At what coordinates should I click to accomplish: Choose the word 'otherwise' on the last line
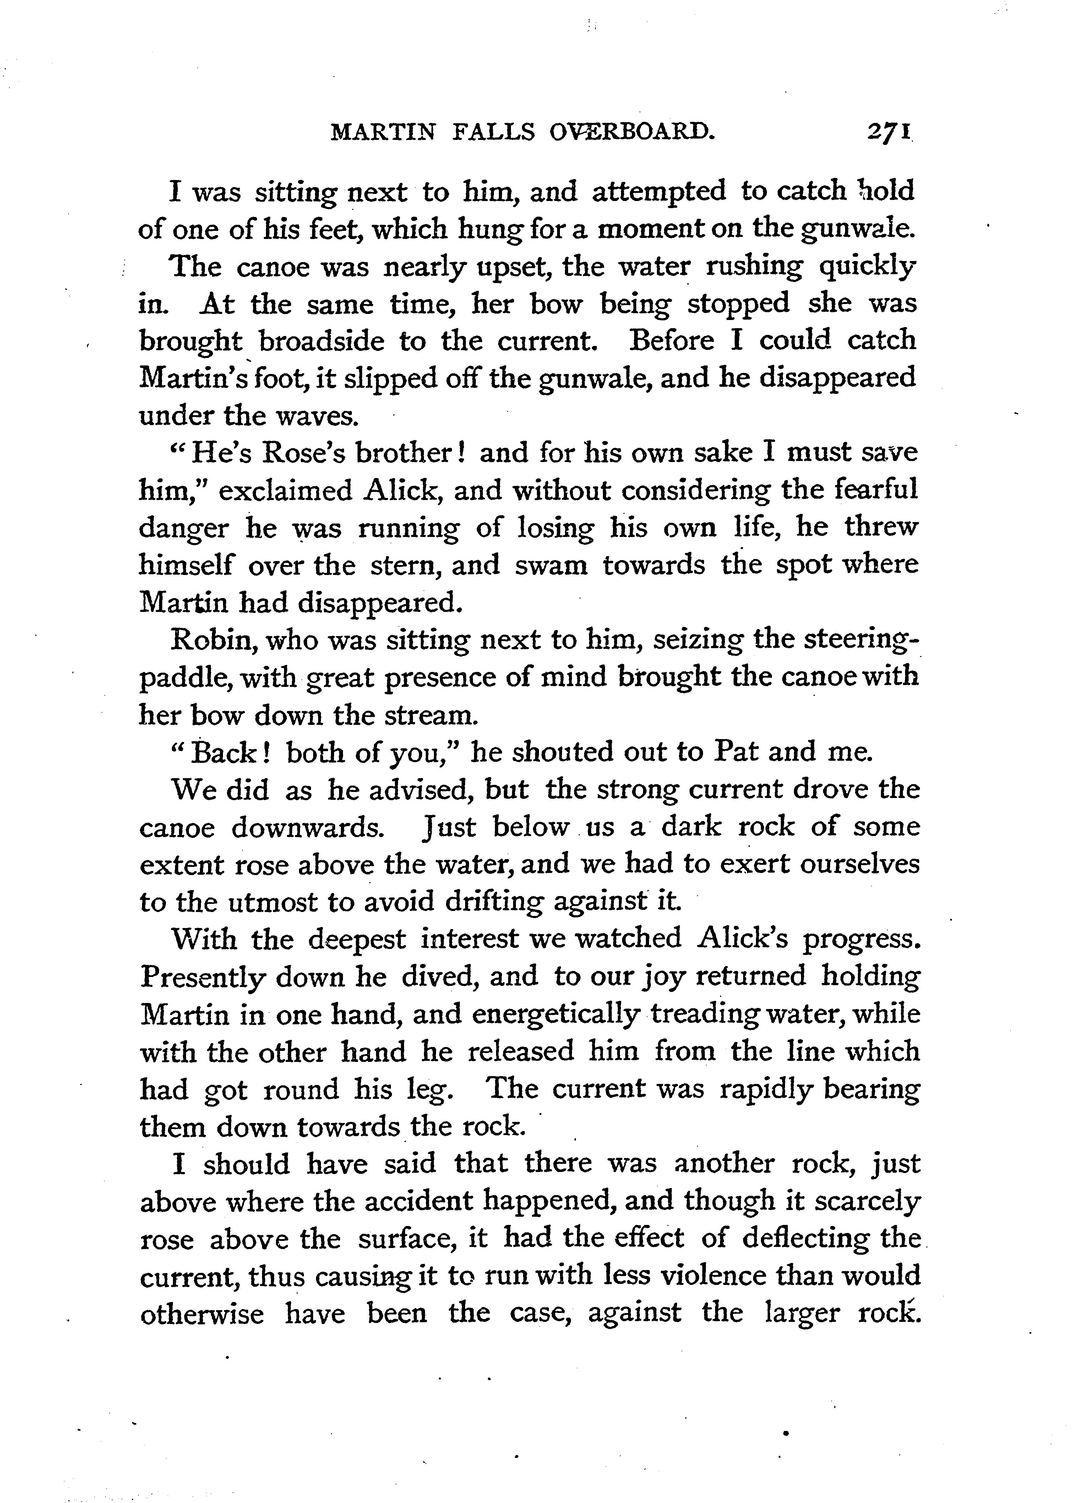click(202, 1313)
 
